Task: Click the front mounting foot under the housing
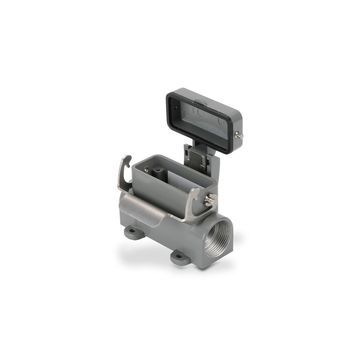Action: (x=181, y=256)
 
